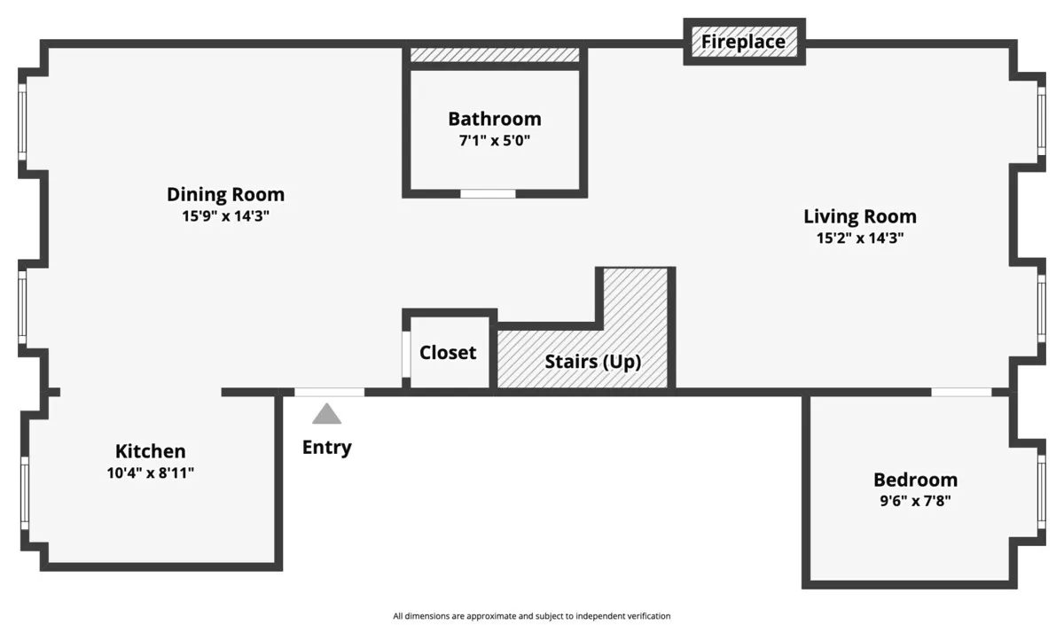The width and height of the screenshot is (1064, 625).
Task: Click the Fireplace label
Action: tap(743, 42)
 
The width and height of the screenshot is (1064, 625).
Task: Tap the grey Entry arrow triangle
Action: tap(326, 414)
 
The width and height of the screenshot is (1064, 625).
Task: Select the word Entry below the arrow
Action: tap(326, 448)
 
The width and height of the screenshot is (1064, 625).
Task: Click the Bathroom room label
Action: tap(494, 119)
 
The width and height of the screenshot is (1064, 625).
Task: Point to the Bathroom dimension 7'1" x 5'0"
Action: tap(494, 140)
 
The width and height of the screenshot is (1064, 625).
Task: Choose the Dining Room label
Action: tap(225, 194)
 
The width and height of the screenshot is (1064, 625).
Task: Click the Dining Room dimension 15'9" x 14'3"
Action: tap(225, 215)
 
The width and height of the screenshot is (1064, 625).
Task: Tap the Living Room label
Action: tap(859, 216)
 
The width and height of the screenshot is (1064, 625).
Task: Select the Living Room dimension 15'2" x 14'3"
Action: tap(859, 238)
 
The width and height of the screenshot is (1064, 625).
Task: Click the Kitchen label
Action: tap(150, 451)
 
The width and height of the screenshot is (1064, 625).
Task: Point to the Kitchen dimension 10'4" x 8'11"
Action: tap(150, 473)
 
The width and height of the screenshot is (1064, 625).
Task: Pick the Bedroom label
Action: tap(915, 480)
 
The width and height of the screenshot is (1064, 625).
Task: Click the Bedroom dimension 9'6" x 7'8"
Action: tap(915, 501)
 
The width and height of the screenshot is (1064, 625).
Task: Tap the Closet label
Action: tap(448, 353)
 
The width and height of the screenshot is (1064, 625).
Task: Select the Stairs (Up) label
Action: tap(592, 362)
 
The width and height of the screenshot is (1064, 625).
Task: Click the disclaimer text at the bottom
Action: tap(532, 615)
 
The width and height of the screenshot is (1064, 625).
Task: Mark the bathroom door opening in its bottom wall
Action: tap(488, 193)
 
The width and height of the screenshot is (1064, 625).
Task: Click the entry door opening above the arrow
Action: tap(329, 392)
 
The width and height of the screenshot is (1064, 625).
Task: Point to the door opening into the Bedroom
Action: tap(961, 392)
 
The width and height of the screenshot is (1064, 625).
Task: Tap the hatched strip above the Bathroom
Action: tap(494, 55)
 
